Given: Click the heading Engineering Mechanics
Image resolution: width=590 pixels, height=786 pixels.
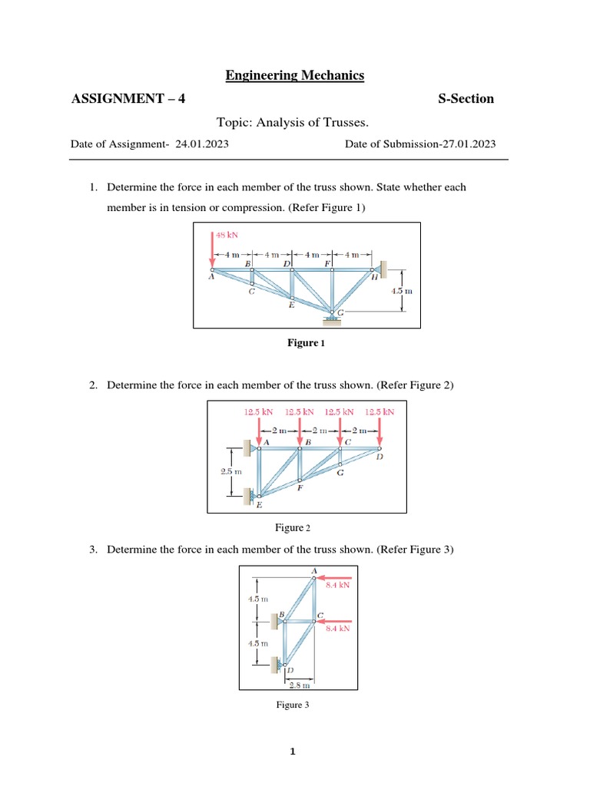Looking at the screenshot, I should (294, 75).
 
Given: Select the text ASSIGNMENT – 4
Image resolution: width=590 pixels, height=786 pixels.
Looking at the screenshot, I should (128, 99).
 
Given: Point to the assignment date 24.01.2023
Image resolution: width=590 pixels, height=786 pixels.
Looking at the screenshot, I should (201, 144).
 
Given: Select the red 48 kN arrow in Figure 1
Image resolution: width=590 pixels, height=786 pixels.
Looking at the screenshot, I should (212, 252).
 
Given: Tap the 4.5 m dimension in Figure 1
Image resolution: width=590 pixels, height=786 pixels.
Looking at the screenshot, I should (402, 292).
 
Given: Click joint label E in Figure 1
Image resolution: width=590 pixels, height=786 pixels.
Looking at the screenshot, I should (290, 305).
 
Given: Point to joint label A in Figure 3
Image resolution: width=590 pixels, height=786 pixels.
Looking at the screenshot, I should (313, 570).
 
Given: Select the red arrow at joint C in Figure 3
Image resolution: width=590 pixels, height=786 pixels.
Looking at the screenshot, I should (336, 619).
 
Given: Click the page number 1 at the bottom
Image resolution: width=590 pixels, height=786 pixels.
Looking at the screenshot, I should (293, 752).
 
